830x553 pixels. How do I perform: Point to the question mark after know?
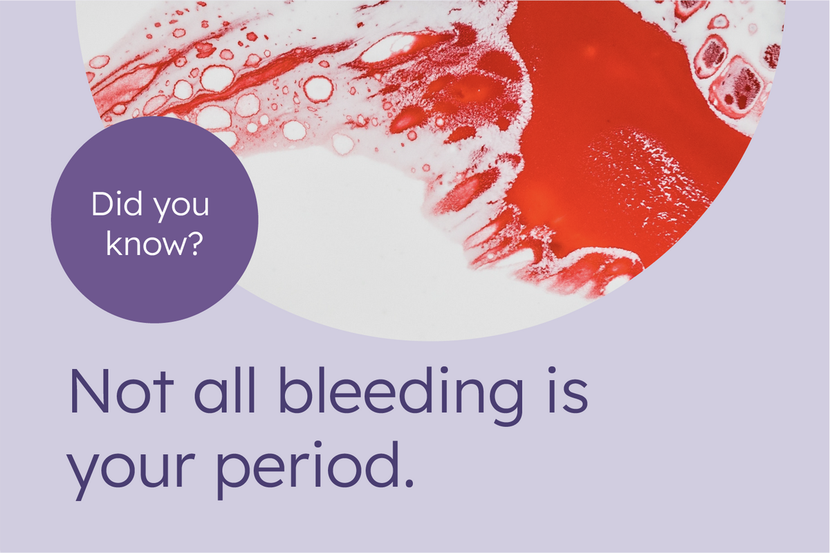coord(196,243)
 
